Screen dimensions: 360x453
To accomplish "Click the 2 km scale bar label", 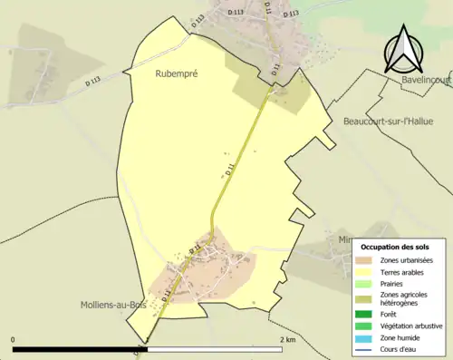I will pos(287,340).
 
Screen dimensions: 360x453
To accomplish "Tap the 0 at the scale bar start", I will pos(14,340).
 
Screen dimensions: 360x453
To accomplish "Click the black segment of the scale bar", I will pos(80,349).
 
